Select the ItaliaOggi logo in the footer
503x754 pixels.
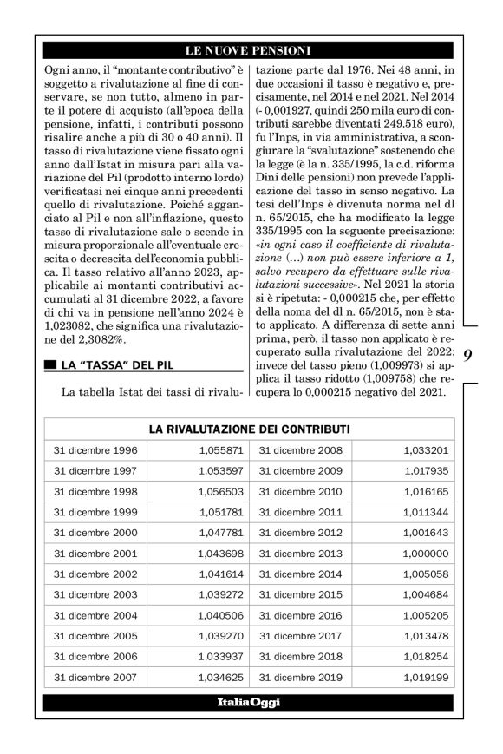pos(249,702)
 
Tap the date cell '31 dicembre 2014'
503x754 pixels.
pos(301,574)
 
